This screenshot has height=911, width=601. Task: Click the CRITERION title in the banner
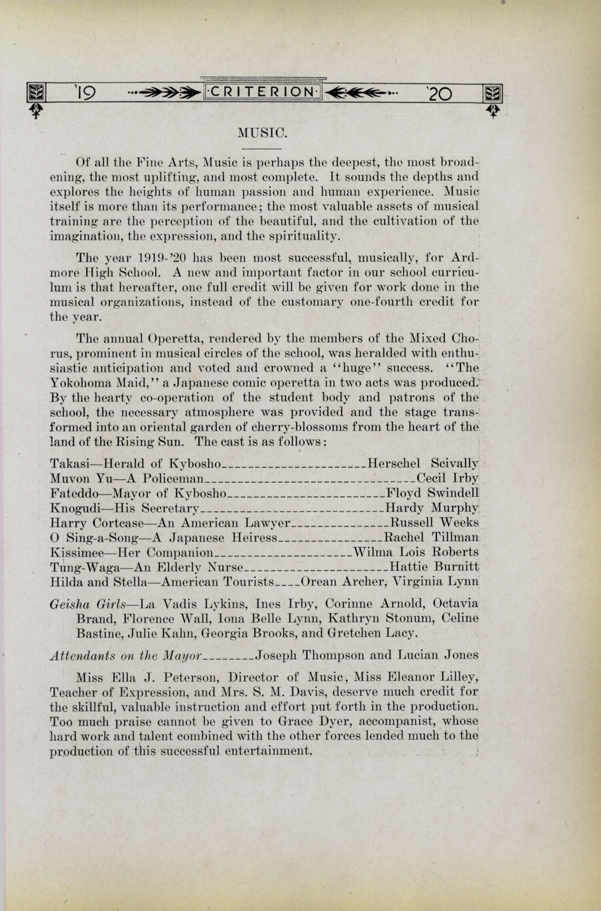tap(263, 92)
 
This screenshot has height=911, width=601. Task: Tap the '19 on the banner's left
tap(85, 94)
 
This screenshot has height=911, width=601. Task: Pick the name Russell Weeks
tap(434, 522)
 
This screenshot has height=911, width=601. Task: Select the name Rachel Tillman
tap(431, 537)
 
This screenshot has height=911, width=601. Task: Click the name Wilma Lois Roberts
tap(416, 552)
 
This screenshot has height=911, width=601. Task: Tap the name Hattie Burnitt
tap(434, 566)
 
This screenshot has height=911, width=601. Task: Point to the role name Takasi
tap(69, 464)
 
